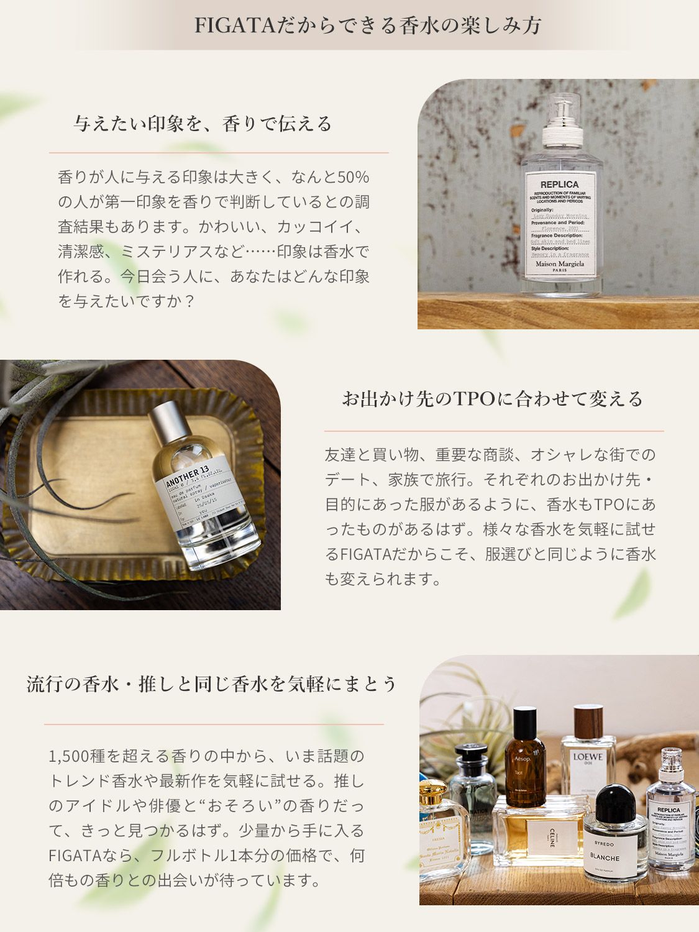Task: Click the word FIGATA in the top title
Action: tap(234, 25)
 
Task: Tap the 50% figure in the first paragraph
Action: tap(354, 177)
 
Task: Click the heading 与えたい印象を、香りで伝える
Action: tap(203, 124)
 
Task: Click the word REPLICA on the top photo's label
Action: tap(559, 185)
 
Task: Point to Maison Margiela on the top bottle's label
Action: tap(560, 264)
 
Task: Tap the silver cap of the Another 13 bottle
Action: tap(168, 423)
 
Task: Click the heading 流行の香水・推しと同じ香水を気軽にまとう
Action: tap(212, 684)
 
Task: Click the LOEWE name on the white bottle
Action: tap(588, 757)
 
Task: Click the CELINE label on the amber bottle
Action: tap(552, 834)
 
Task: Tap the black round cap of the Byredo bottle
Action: tap(614, 802)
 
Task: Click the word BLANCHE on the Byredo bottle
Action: tap(605, 857)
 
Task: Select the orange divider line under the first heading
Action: tap(219, 153)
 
